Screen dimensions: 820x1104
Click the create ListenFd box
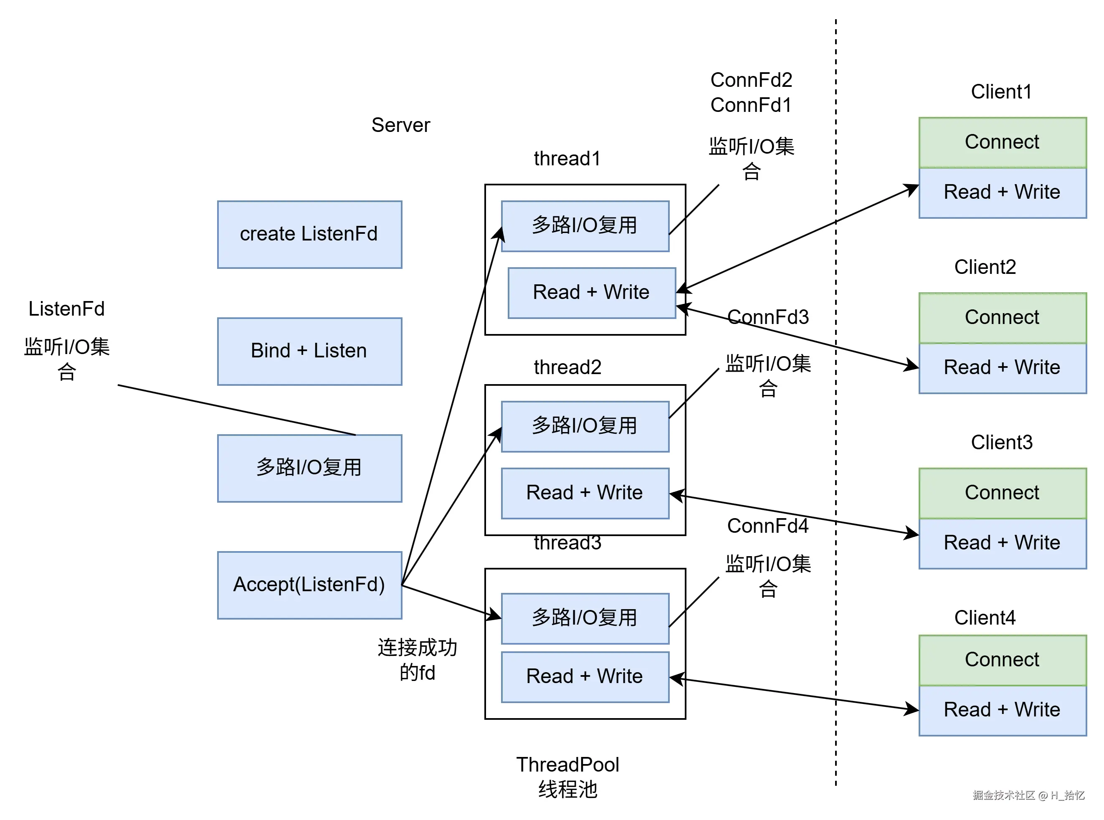(x=309, y=234)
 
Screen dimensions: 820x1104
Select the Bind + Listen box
(x=309, y=351)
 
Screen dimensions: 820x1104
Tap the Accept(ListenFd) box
(x=309, y=585)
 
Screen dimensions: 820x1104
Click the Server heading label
(x=400, y=125)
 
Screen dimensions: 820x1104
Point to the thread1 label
(x=567, y=159)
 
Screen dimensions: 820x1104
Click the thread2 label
(x=567, y=367)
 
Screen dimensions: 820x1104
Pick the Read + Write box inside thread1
(x=591, y=292)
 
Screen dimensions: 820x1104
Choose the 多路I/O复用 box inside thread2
(x=585, y=426)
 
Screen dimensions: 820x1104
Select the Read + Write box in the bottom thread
(x=585, y=676)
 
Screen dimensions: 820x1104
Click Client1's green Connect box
(x=1002, y=142)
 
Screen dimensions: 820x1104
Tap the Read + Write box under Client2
(x=1002, y=368)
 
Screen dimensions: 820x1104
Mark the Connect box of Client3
(x=1002, y=493)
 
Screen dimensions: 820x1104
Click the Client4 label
(x=985, y=618)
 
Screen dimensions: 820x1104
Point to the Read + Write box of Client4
(x=1002, y=710)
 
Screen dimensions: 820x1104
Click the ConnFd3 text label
(x=767, y=317)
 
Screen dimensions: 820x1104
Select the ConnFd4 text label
(x=767, y=526)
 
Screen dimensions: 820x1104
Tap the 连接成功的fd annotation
(x=417, y=660)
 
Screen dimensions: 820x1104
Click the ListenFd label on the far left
(x=66, y=309)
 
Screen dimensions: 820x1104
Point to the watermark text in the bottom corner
(x=1028, y=795)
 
